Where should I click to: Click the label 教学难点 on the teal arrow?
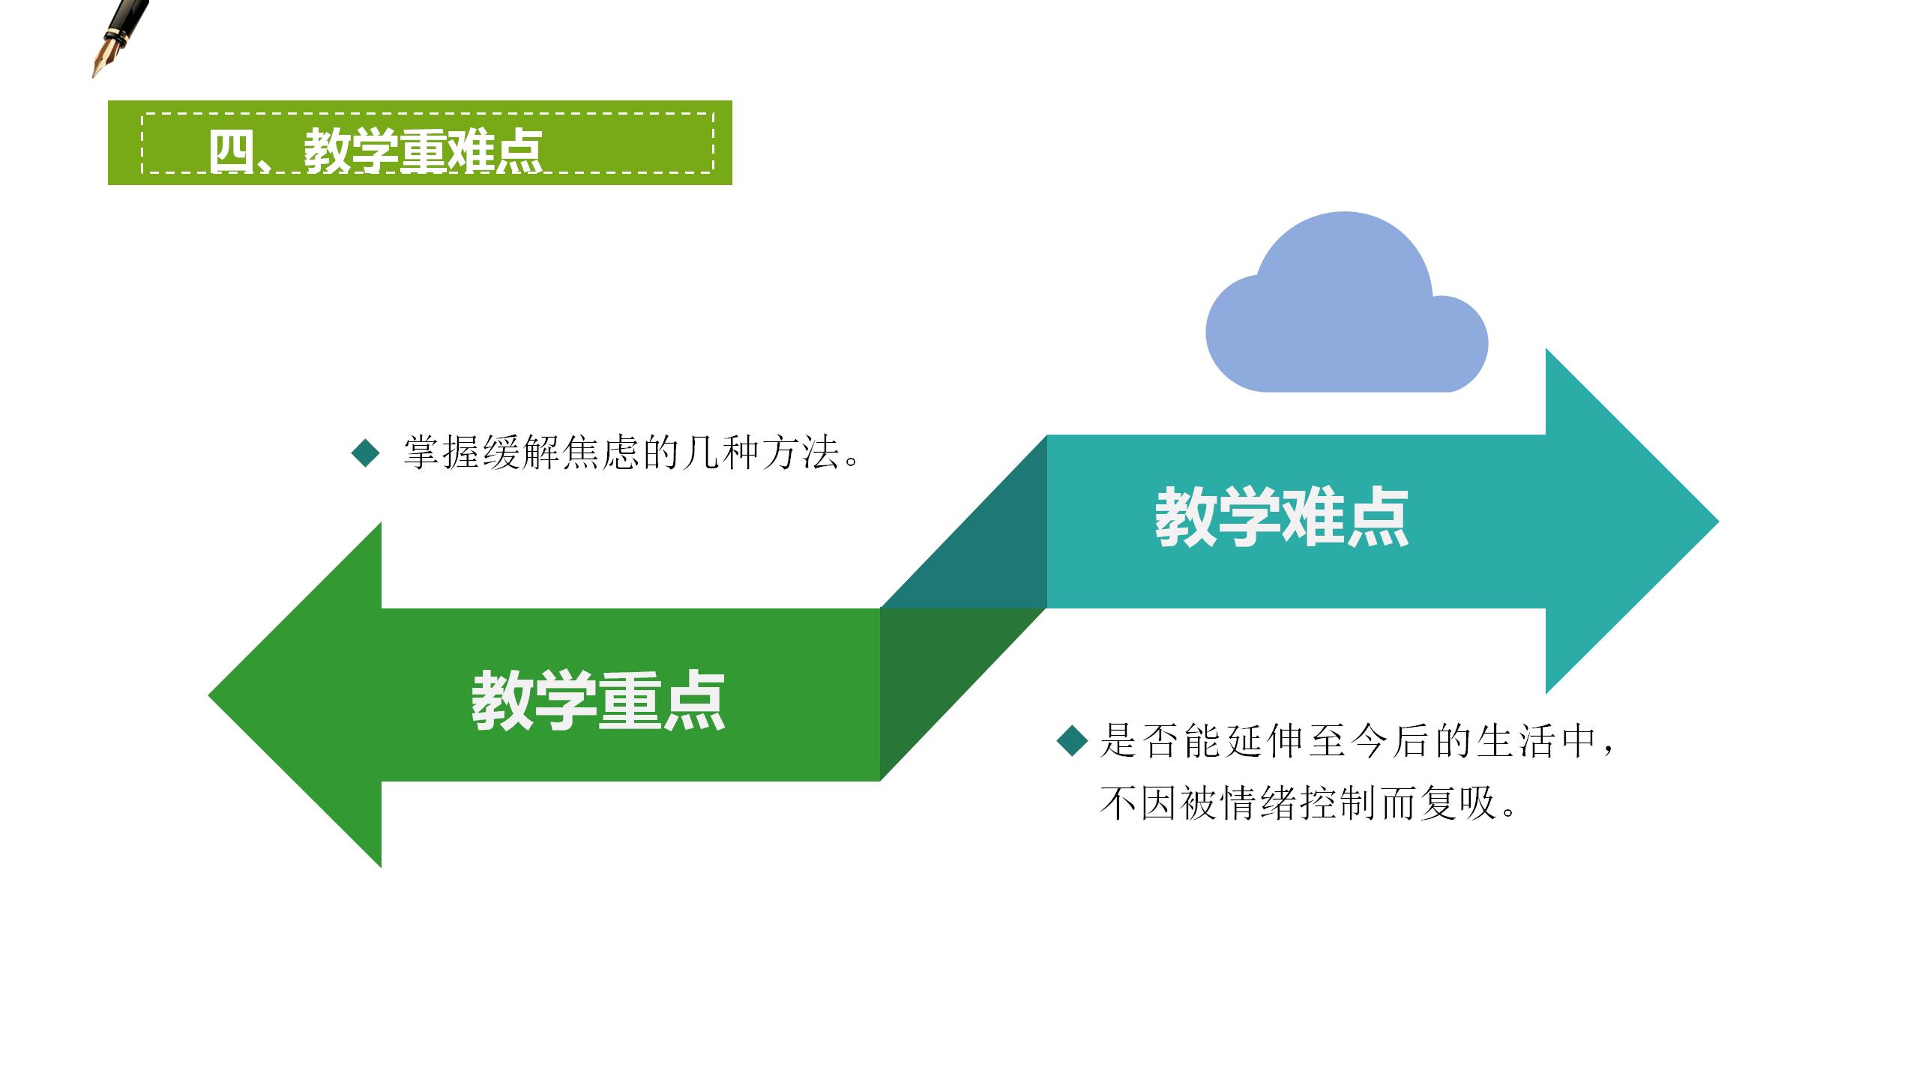(x=1282, y=517)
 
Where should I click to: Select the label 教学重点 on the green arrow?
(x=598, y=701)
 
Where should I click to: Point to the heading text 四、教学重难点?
(x=376, y=151)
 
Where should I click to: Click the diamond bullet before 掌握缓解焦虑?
(x=366, y=453)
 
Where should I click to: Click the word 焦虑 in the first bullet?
(x=600, y=453)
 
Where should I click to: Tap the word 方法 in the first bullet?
(x=801, y=453)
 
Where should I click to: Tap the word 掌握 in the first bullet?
(x=442, y=453)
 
